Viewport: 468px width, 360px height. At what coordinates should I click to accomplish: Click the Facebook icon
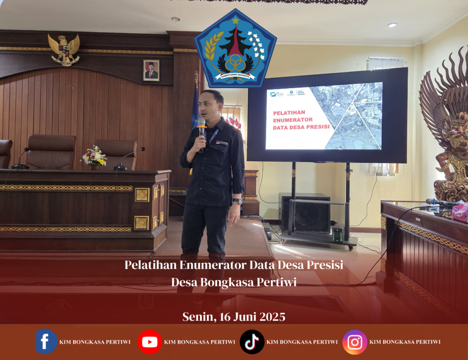click(46, 341)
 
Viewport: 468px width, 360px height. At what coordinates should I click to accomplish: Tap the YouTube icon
click(149, 342)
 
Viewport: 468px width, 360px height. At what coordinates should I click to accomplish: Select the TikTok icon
click(252, 342)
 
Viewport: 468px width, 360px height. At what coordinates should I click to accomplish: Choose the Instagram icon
click(355, 342)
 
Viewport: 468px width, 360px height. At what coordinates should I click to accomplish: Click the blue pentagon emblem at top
click(235, 49)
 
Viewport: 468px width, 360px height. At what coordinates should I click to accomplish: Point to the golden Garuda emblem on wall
click(64, 49)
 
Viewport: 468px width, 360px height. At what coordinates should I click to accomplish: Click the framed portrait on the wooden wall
click(151, 70)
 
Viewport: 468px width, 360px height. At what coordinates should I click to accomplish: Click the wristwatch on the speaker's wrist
click(237, 201)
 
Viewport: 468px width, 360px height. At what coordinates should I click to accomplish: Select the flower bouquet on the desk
click(94, 156)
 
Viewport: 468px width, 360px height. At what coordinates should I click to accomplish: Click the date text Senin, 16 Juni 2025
click(234, 317)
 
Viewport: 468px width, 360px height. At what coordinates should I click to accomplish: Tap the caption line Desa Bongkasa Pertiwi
click(234, 282)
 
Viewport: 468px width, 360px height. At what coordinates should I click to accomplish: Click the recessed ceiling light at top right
click(392, 25)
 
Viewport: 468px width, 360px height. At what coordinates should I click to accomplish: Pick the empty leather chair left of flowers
click(51, 152)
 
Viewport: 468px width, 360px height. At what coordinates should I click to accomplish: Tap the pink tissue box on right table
click(460, 212)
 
